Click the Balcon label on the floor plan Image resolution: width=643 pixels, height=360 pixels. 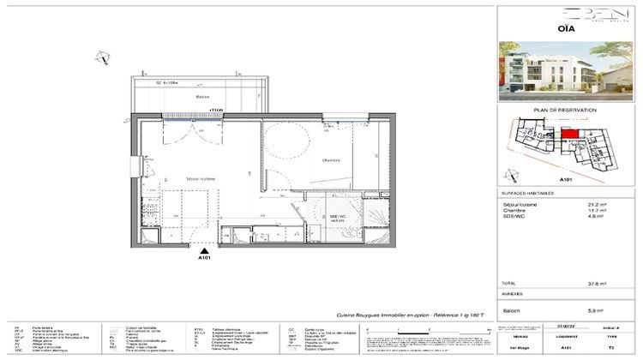tap(202, 98)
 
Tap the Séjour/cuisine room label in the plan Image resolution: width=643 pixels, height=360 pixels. tap(201, 177)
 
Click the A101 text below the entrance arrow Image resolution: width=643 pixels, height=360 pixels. tap(204, 257)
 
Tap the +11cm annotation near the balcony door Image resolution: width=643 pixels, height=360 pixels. tap(215, 111)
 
